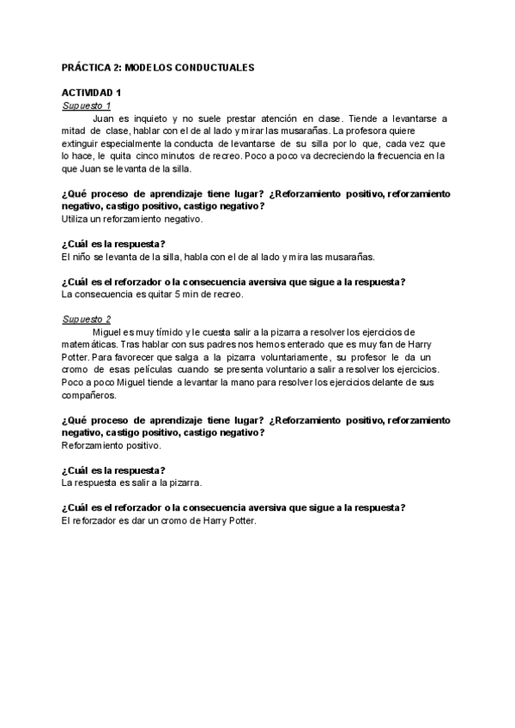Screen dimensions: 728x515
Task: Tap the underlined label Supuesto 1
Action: point(87,105)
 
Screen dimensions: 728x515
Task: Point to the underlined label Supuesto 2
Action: point(87,318)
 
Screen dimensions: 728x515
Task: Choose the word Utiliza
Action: point(78,219)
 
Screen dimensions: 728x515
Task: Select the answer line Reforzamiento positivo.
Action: point(112,446)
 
